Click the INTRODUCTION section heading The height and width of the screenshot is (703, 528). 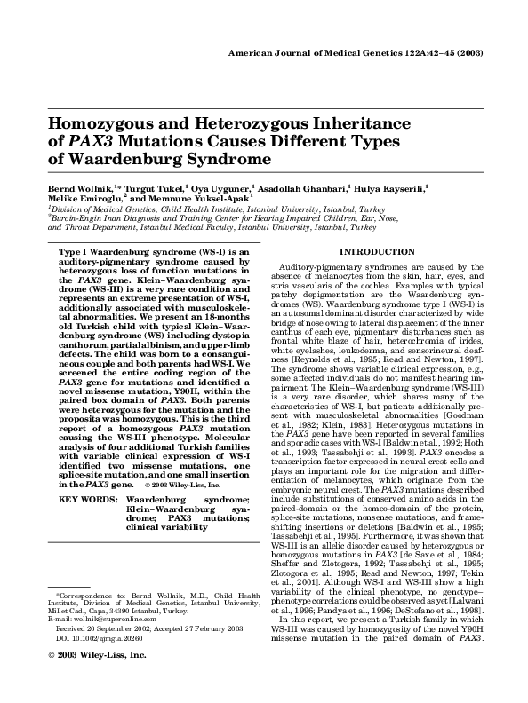tap(378, 252)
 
